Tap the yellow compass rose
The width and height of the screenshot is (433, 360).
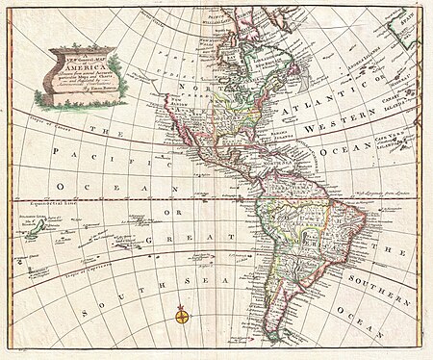coord(180,314)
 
